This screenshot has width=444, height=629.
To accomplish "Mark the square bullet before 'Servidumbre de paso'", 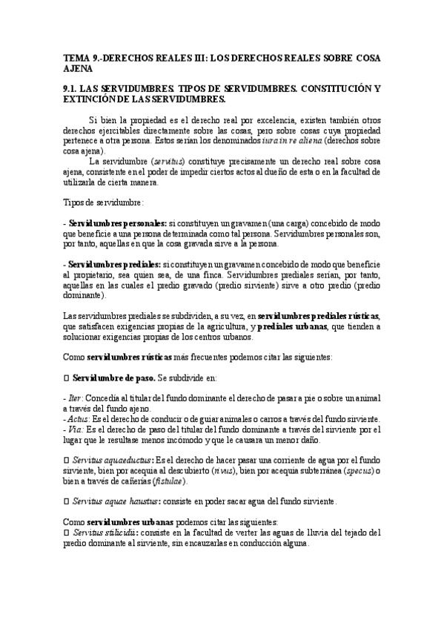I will coord(65,378).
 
